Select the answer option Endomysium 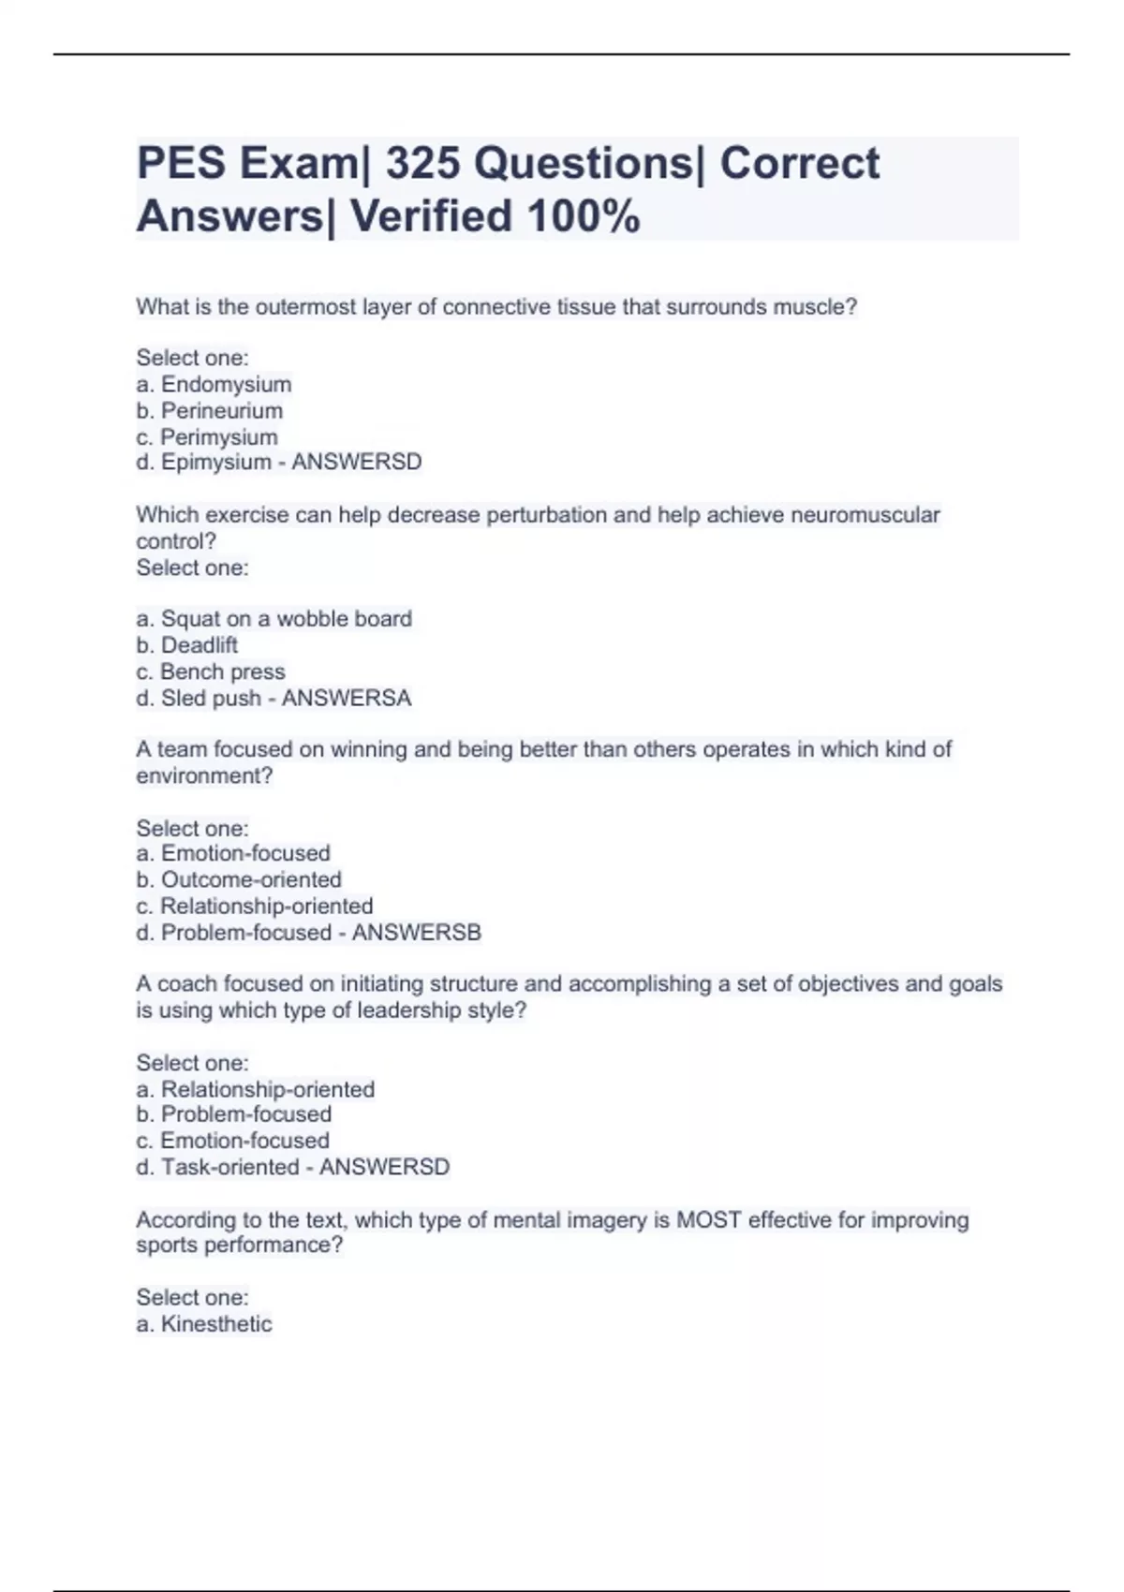(x=226, y=384)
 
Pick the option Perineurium (x=221, y=410)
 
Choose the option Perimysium (x=218, y=436)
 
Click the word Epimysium (x=215, y=462)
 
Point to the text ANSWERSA (x=347, y=698)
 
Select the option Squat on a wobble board (x=286, y=618)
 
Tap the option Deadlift (x=199, y=644)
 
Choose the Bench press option (x=222, y=671)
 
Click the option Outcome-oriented (x=251, y=879)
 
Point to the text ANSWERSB (x=417, y=932)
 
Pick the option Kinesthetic (x=216, y=1323)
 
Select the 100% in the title (x=584, y=217)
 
